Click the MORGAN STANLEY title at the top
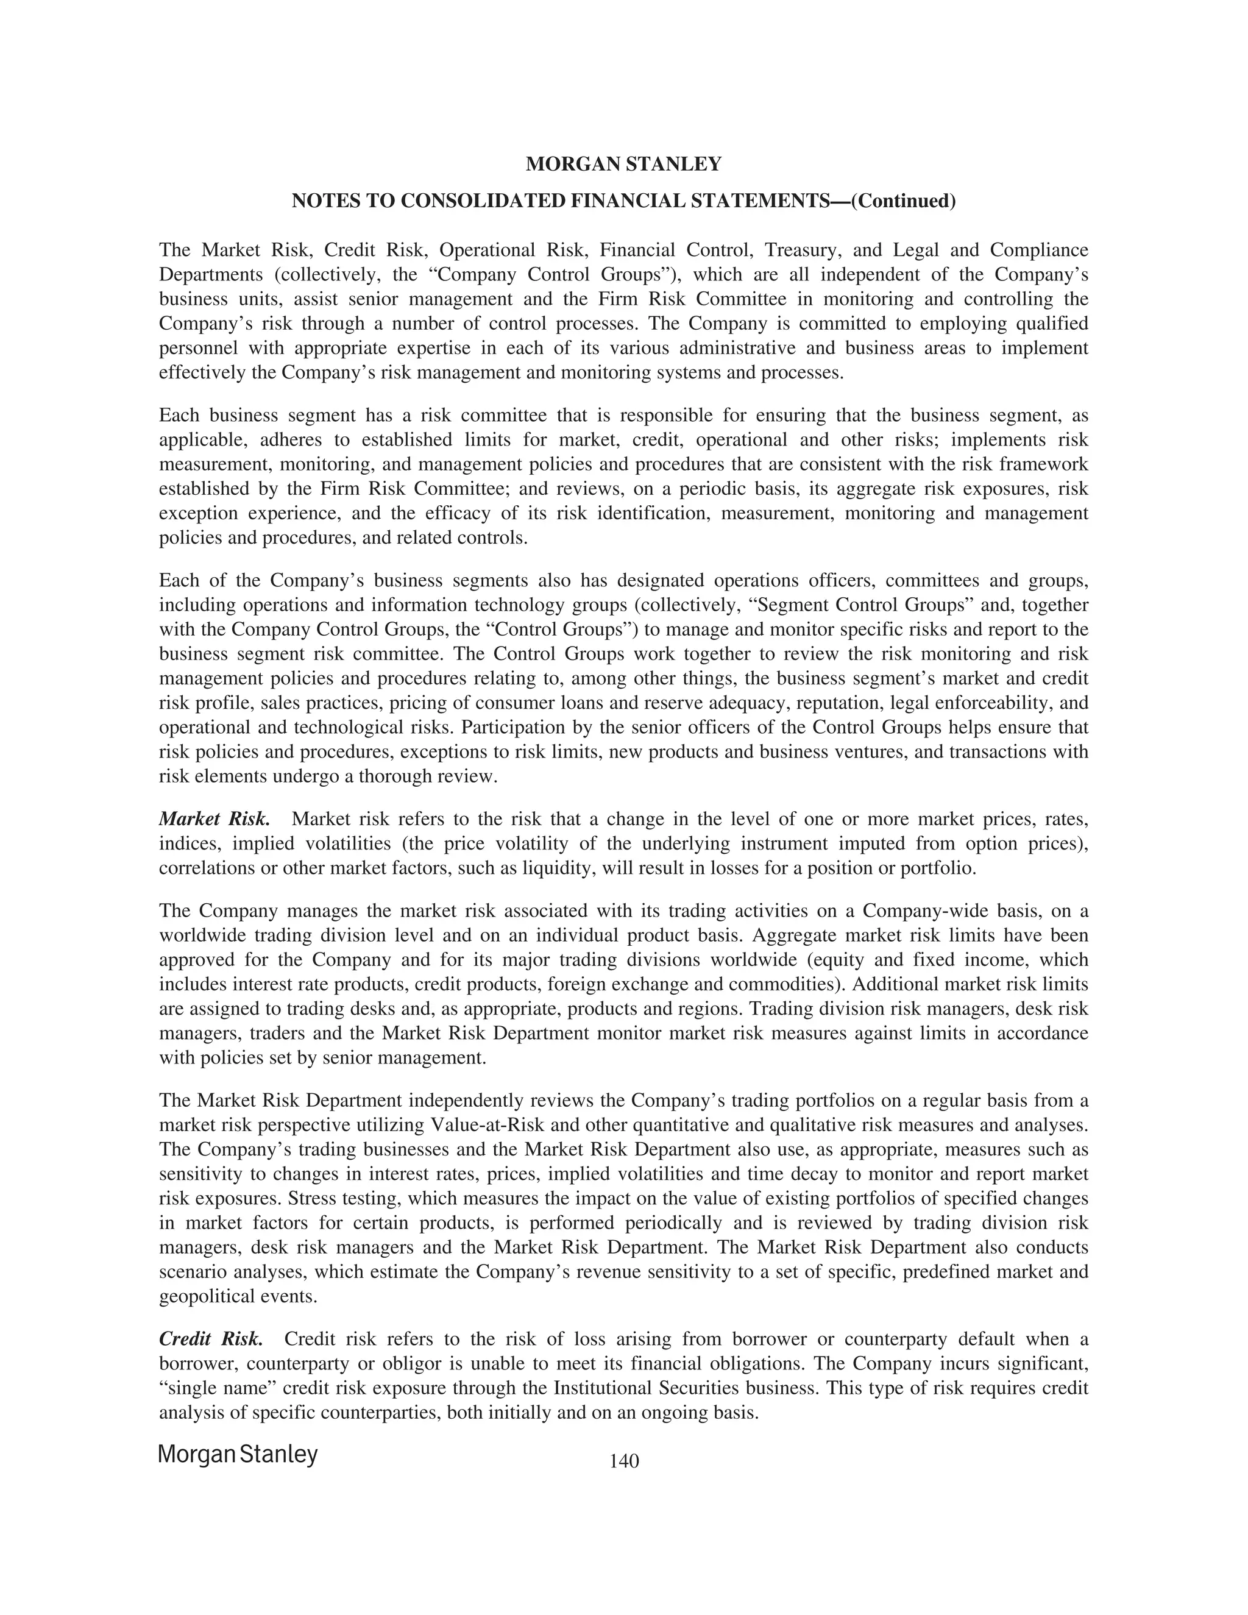point(623,164)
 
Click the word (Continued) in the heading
point(904,201)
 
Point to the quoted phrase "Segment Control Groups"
point(860,605)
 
